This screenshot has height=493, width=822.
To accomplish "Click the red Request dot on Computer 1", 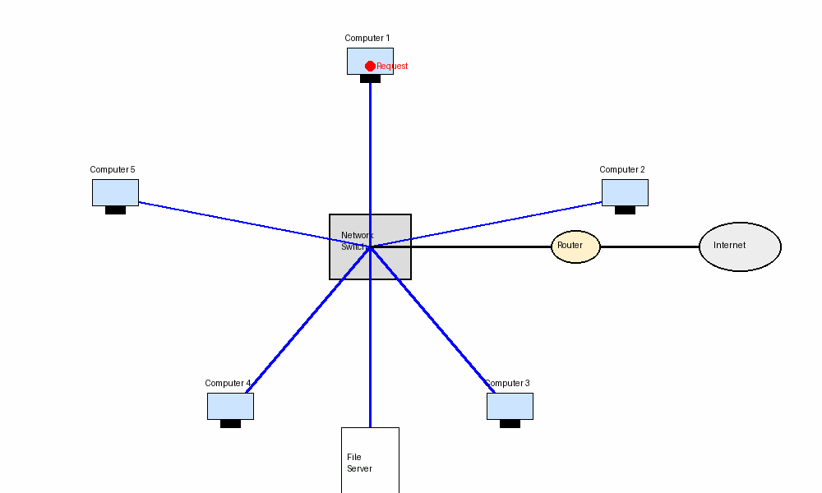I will tap(370, 66).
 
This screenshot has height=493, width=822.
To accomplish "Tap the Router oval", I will tap(575, 246).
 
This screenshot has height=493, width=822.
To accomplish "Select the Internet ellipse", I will tap(740, 246).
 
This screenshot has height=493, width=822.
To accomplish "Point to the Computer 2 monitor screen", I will tap(625, 192).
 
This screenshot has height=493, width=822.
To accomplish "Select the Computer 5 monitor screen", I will tap(115, 192).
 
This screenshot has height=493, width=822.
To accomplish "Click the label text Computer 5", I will tap(112, 170).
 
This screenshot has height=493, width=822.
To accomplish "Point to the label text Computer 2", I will tap(621, 170).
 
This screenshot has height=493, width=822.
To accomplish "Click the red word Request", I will tap(392, 67).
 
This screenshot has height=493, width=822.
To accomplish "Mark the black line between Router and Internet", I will tap(649, 246).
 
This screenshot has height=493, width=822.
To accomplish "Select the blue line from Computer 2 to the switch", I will tap(493, 223).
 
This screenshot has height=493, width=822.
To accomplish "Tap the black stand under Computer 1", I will tap(370, 79).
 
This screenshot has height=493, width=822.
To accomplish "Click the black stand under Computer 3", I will tap(510, 424).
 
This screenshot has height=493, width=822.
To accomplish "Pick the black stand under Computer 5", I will tap(115, 210).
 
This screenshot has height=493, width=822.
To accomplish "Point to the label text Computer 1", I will tap(367, 39).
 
